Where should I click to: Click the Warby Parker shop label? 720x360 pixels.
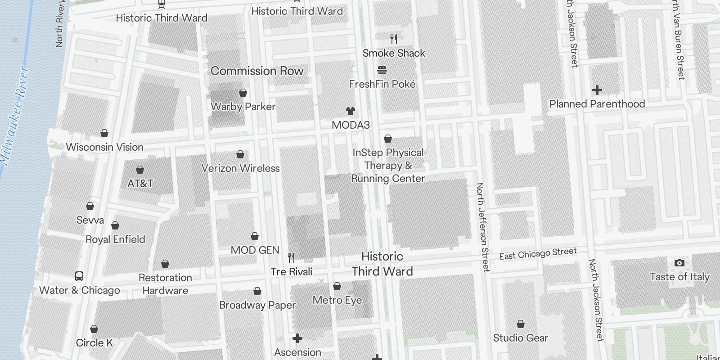click(x=243, y=107)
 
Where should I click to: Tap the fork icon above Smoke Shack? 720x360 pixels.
click(x=394, y=39)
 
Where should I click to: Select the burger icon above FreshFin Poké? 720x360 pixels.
click(x=382, y=70)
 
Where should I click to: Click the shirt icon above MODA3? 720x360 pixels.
click(x=351, y=111)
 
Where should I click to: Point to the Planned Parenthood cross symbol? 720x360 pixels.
click(x=597, y=90)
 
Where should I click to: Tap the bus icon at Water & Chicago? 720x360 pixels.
click(x=79, y=276)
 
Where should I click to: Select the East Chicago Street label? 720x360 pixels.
click(x=538, y=254)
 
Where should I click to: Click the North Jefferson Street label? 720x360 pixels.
click(x=482, y=227)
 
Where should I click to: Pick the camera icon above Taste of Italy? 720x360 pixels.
click(x=679, y=263)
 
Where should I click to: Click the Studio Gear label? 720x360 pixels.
click(x=520, y=338)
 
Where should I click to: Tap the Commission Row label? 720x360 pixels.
click(x=257, y=71)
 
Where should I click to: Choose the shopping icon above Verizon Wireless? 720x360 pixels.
click(x=240, y=155)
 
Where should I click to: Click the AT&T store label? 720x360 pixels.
click(x=140, y=184)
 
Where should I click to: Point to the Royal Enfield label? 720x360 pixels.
click(x=115, y=239)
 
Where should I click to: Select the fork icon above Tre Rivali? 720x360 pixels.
click(x=291, y=258)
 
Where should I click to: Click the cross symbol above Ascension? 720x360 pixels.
click(x=297, y=338)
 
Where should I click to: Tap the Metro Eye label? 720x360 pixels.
click(x=337, y=300)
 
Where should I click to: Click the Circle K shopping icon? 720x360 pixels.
click(x=94, y=329)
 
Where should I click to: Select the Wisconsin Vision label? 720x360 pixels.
click(x=104, y=147)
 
